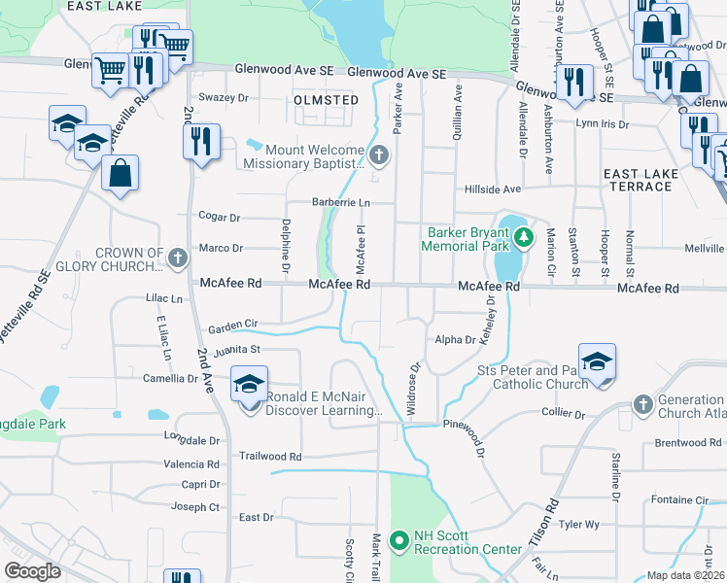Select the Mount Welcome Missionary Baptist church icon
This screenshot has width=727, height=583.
coord(379,154)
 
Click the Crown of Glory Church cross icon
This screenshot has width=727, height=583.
coord(176,258)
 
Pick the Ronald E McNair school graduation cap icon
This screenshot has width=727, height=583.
coord(249,385)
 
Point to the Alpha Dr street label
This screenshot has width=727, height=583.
coord(455,340)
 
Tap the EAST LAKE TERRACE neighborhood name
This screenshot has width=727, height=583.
coord(640,180)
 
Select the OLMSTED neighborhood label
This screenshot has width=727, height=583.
coord(326,100)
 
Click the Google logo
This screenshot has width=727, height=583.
coord(32,571)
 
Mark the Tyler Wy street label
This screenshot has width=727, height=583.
coord(579,525)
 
